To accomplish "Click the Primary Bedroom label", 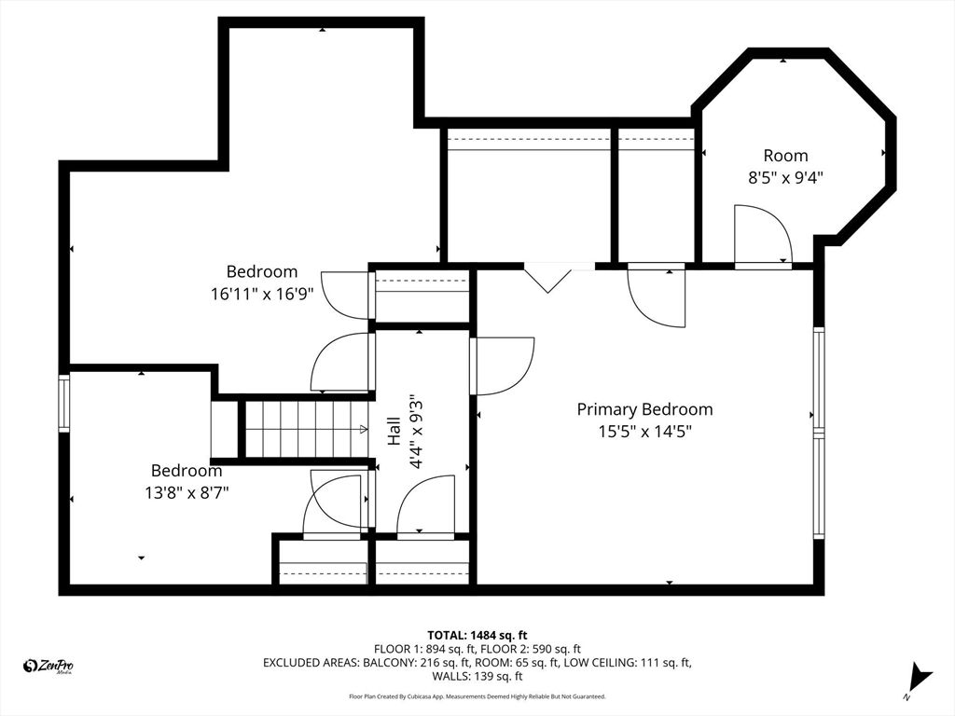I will (x=644, y=409).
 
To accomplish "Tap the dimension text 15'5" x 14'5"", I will (x=644, y=432).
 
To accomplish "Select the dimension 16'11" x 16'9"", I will (x=262, y=293).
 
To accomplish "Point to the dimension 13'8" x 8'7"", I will (x=187, y=493).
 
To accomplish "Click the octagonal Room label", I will (x=785, y=156).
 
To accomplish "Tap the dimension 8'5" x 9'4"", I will (x=785, y=177).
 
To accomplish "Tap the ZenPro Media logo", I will (x=48, y=665).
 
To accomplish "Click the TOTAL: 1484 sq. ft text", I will (x=483, y=635).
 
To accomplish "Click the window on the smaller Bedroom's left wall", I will (x=64, y=403).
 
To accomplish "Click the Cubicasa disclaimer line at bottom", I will (x=477, y=696).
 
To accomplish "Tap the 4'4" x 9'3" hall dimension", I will (x=420, y=428).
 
